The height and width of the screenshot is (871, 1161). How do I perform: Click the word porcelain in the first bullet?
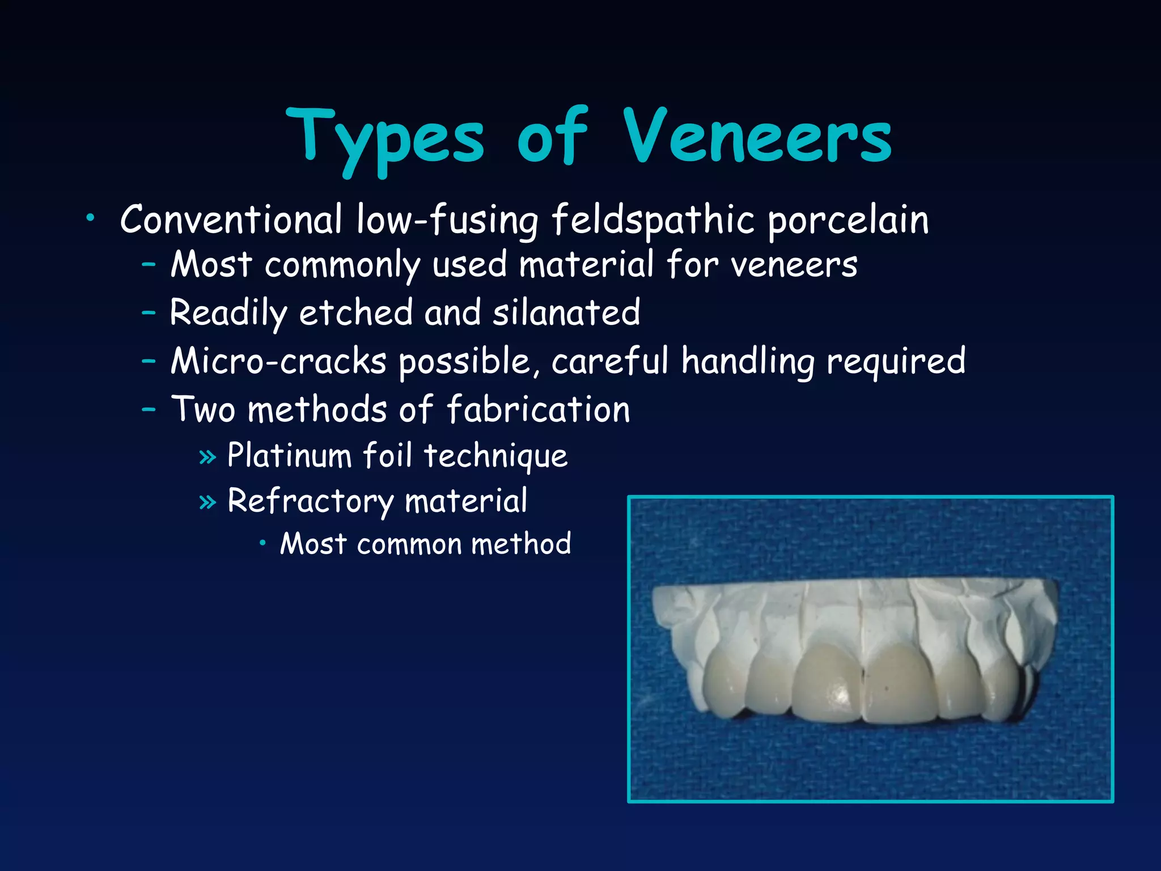[848, 220]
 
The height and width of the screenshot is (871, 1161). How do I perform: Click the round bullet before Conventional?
[90, 217]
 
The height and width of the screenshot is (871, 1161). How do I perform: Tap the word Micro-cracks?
[278, 361]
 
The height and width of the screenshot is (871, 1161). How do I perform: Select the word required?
[896, 361]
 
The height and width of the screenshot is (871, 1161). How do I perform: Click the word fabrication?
[539, 409]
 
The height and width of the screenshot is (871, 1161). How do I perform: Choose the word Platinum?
[289, 455]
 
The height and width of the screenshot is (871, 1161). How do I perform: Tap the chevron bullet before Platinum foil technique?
[208, 456]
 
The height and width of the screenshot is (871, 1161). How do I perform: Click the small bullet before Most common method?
[262, 543]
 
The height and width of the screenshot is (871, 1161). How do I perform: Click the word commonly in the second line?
[342, 265]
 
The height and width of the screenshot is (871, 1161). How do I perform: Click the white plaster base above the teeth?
[850, 610]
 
